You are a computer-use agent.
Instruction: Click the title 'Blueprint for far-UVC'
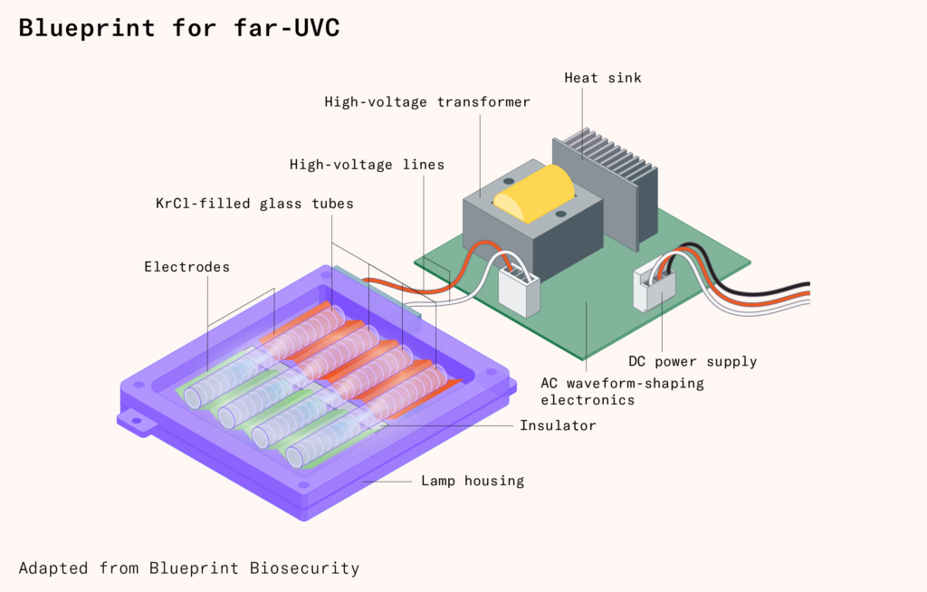point(179,28)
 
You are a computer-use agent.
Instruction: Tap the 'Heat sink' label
point(602,78)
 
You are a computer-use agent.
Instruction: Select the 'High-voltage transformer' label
point(427,102)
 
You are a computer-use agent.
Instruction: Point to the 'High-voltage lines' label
point(367,165)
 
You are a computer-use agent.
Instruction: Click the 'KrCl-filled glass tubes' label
point(254,204)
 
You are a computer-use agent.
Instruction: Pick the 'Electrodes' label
point(186,267)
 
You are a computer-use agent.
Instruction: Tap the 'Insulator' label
point(558,425)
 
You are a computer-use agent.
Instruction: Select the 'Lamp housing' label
point(473,481)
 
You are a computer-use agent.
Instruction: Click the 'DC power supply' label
point(693,361)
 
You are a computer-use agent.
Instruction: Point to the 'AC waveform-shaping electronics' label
point(621,391)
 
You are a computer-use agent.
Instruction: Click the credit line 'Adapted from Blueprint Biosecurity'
point(189,568)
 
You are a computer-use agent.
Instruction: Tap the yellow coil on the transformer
point(534,193)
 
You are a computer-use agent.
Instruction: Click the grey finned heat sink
point(602,181)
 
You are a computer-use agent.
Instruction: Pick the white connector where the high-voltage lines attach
point(519,287)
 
